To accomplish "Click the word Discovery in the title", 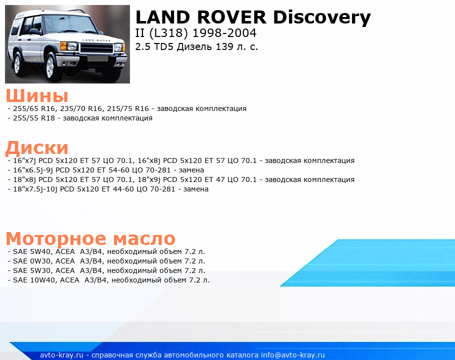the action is click(x=322, y=17).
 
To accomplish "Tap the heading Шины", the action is click(x=37, y=95).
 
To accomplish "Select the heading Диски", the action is click(x=37, y=147).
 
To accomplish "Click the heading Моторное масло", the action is click(x=90, y=238).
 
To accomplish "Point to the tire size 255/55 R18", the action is click(x=34, y=118).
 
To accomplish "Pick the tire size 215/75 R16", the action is click(x=128, y=108).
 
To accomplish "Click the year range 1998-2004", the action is click(x=224, y=33).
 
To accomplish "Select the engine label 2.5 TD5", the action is click(x=154, y=46).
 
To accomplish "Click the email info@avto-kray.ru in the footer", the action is click(x=292, y=355).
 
